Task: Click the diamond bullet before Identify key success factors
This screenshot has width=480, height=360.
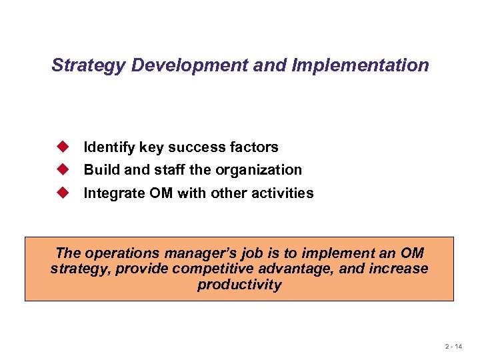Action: point(63,146)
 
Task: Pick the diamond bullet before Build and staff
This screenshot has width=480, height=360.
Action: point(63,169)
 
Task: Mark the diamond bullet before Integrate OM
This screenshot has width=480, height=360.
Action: point(63,193)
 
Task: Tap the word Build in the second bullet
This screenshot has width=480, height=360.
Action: point(98,170)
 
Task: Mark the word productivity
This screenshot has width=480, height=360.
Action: point(239,285)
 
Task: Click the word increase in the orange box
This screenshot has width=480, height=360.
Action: point(398,269)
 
